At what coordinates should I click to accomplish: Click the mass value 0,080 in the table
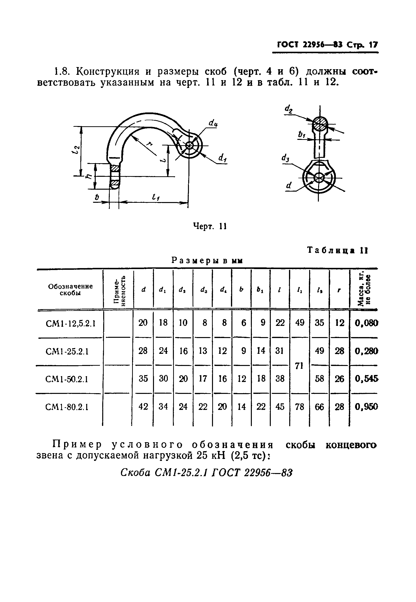[366, 323]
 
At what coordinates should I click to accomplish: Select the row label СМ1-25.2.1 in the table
[67, 352]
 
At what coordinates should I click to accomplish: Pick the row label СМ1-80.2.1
[67, 407]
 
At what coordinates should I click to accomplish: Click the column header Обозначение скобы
[70, 289]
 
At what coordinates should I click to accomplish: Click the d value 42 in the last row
[143, 407]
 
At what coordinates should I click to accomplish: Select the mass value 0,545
[366, 379]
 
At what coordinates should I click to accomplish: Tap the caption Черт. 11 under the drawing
[210, 226]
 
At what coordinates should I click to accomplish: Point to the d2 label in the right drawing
[288, 109]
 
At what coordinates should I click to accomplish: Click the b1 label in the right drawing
[302, 135]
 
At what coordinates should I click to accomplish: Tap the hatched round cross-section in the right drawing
[320, 124]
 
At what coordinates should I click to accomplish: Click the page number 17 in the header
[373, 45]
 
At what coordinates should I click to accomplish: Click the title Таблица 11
[338, 250]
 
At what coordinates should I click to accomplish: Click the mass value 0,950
[366, 407]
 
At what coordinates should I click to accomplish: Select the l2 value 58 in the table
[319, 379]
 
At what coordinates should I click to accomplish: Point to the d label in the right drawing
[289, 186]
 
